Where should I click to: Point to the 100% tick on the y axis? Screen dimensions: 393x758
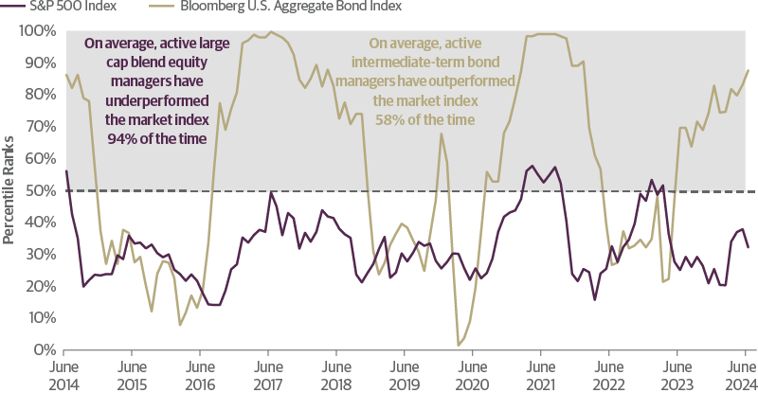36,30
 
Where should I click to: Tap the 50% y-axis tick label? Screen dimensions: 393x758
39,190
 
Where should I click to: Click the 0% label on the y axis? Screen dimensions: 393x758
43,349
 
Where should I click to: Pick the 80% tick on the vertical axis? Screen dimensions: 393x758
39,95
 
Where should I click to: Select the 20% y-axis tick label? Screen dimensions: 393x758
39,286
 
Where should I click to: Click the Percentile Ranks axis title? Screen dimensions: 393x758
9,189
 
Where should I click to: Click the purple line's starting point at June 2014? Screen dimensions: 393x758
65,171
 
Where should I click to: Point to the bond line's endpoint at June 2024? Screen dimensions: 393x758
749,69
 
